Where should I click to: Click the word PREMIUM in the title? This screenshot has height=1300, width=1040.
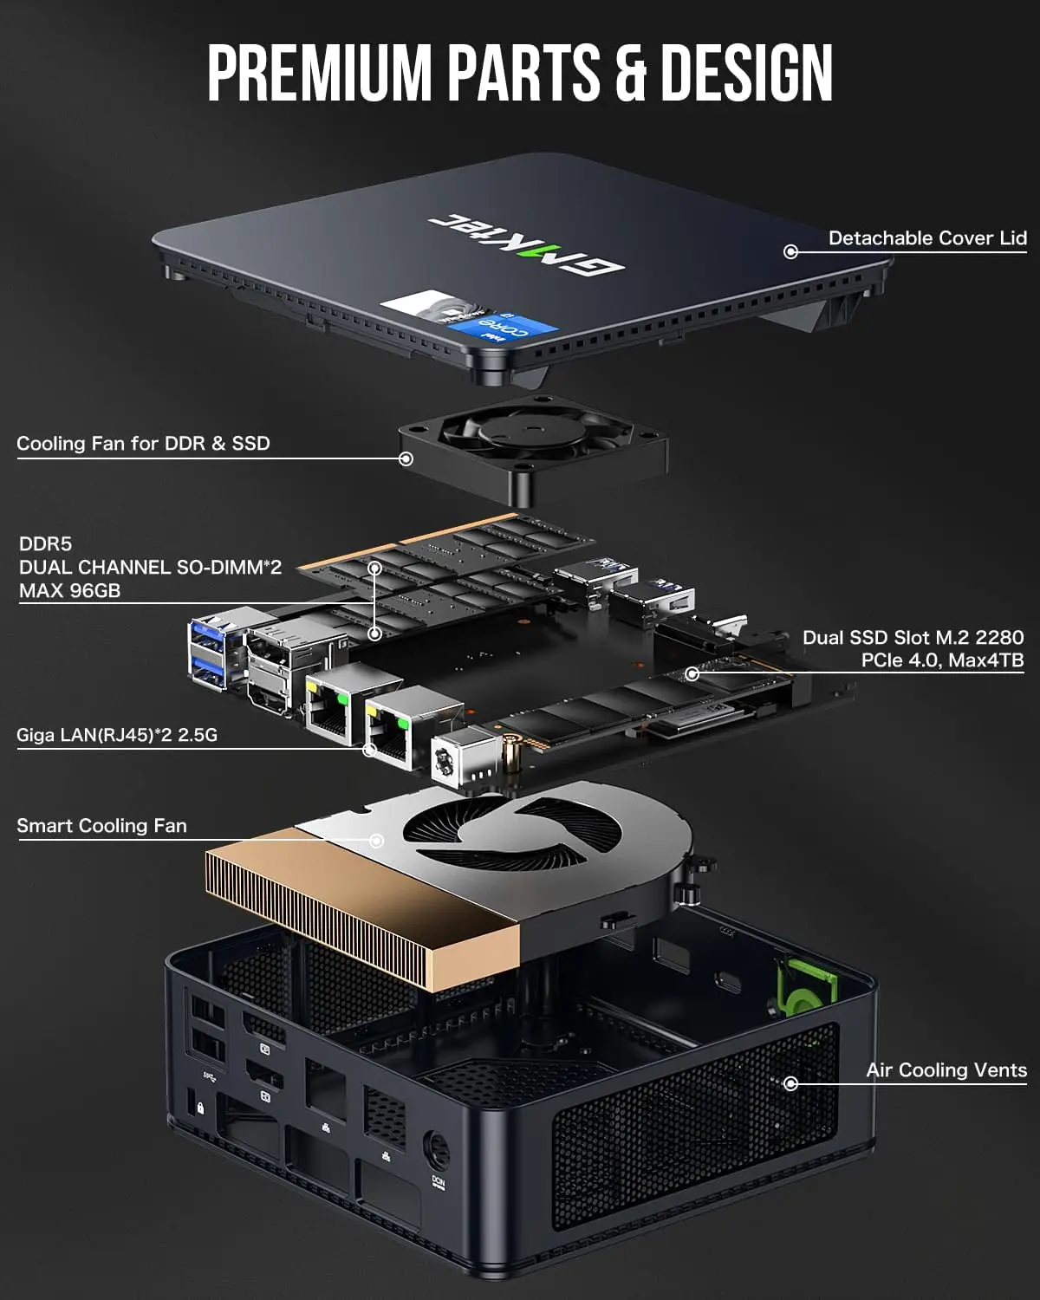tap(320, 73)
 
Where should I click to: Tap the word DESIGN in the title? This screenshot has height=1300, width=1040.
tap(746, 73)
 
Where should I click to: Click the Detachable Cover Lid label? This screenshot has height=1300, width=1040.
tap(927, 238)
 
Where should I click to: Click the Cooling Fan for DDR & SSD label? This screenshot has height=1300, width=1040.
tap(143, 444)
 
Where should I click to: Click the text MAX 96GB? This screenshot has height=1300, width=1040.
tap(69, 591)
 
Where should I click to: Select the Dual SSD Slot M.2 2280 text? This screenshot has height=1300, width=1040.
tap(913, 638)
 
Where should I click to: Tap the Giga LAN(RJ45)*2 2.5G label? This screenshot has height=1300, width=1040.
tap(117, 736)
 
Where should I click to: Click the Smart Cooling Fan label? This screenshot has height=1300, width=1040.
tap(101, 826)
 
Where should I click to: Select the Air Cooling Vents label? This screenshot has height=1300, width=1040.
tap(946, 1070)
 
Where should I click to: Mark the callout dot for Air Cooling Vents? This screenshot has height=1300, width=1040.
tap(790, 1083)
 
